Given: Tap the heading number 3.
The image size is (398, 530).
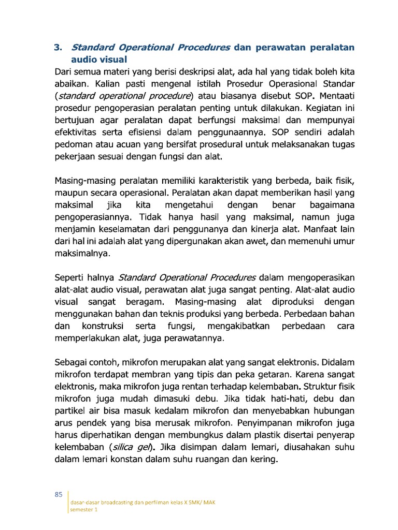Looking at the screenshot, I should [x=58, y=48].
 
